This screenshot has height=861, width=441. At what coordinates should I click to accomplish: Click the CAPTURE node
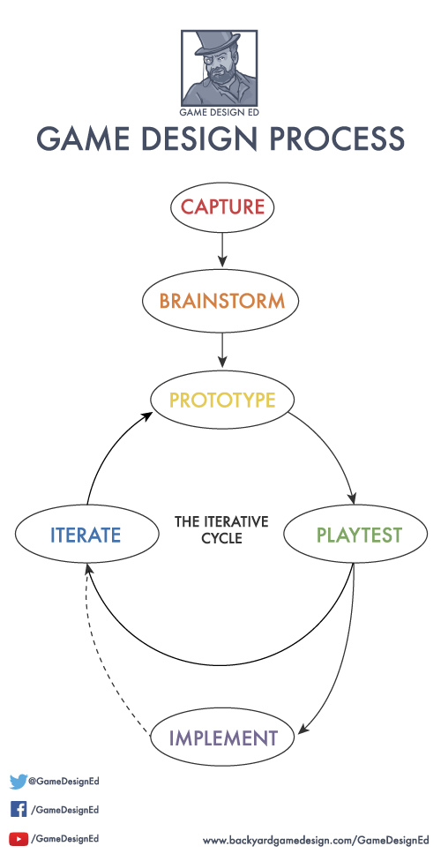click(222, 207)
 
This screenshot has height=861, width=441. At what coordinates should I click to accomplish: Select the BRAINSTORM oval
click(221, 302)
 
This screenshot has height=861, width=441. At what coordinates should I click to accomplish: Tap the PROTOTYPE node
click(222, 400)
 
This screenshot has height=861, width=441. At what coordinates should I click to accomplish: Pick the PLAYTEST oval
click(355, 535)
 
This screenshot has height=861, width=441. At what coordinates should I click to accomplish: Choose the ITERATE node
click(86, 535)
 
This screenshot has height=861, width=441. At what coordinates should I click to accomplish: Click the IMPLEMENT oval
click(222, 737)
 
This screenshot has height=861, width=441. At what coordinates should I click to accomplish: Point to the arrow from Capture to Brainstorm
click(222, 248)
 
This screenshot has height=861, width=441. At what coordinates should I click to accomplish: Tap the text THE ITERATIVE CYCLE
click(221, 529)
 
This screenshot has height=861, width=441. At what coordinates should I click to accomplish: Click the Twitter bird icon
click(19, 781)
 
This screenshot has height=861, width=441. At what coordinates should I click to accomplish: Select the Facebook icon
click(19, 809)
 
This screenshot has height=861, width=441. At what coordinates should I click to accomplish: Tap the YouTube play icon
click(19, 838)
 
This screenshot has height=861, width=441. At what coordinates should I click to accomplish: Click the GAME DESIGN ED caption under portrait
click(219, 113)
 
